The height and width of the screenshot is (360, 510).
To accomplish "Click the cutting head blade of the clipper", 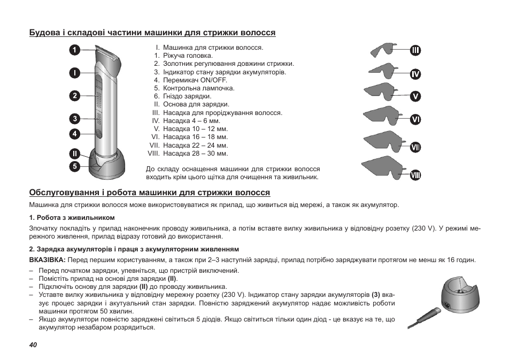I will tap(107, 52).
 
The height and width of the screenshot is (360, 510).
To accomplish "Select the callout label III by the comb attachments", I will tap(415, 51).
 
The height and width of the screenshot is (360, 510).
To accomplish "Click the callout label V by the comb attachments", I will tap(415, 97).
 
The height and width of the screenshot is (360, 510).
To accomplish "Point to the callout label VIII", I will tap(415, 174).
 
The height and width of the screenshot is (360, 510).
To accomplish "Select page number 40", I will tap(33, 345).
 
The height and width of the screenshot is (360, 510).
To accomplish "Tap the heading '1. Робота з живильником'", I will tap(72, 217).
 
